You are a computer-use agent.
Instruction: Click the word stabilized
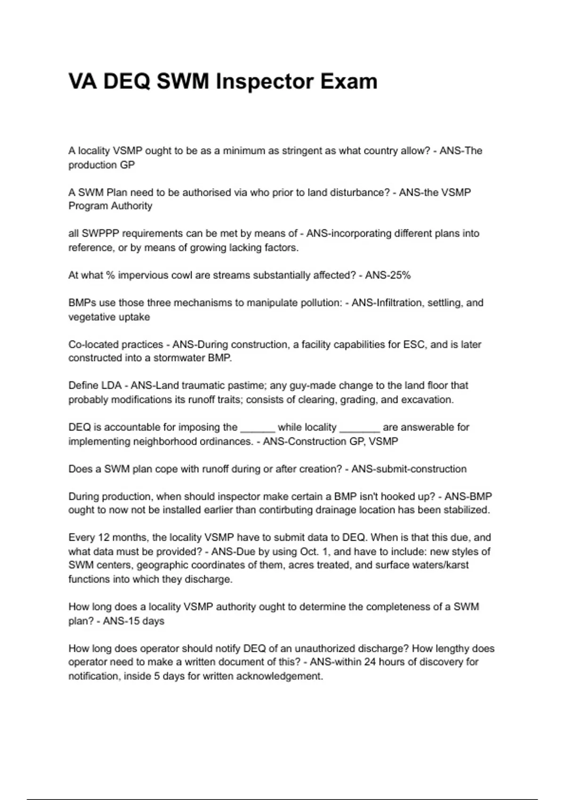coord(465,510)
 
